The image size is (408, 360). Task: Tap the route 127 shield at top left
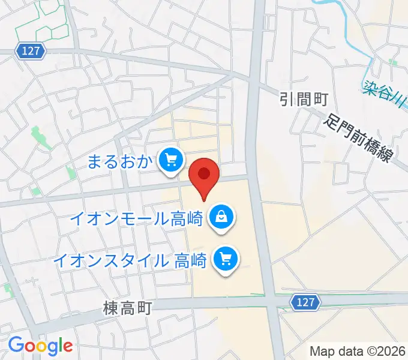click(31, 52)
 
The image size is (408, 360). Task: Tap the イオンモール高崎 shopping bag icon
click(221, 216)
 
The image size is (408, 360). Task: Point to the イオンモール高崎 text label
click(137, 217)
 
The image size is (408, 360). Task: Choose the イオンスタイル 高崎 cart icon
click(227, 260)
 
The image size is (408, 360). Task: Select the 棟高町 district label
click(127, 308)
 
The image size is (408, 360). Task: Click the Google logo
click(40, 346)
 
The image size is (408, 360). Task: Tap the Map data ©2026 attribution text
click(358, 351)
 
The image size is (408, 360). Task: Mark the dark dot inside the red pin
click(204, 173)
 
